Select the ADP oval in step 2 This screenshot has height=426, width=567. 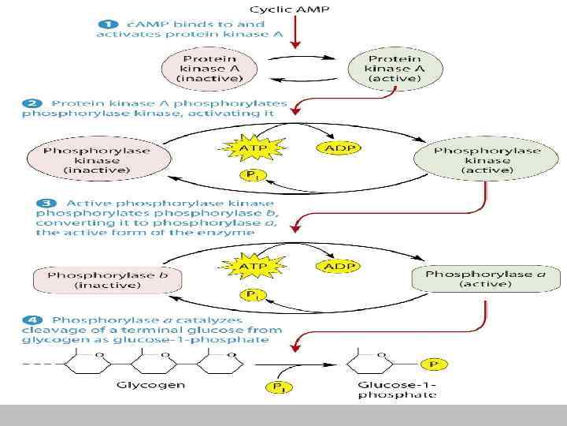[x=339, y=147]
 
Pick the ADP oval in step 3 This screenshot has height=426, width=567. [x=339, y=265]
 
